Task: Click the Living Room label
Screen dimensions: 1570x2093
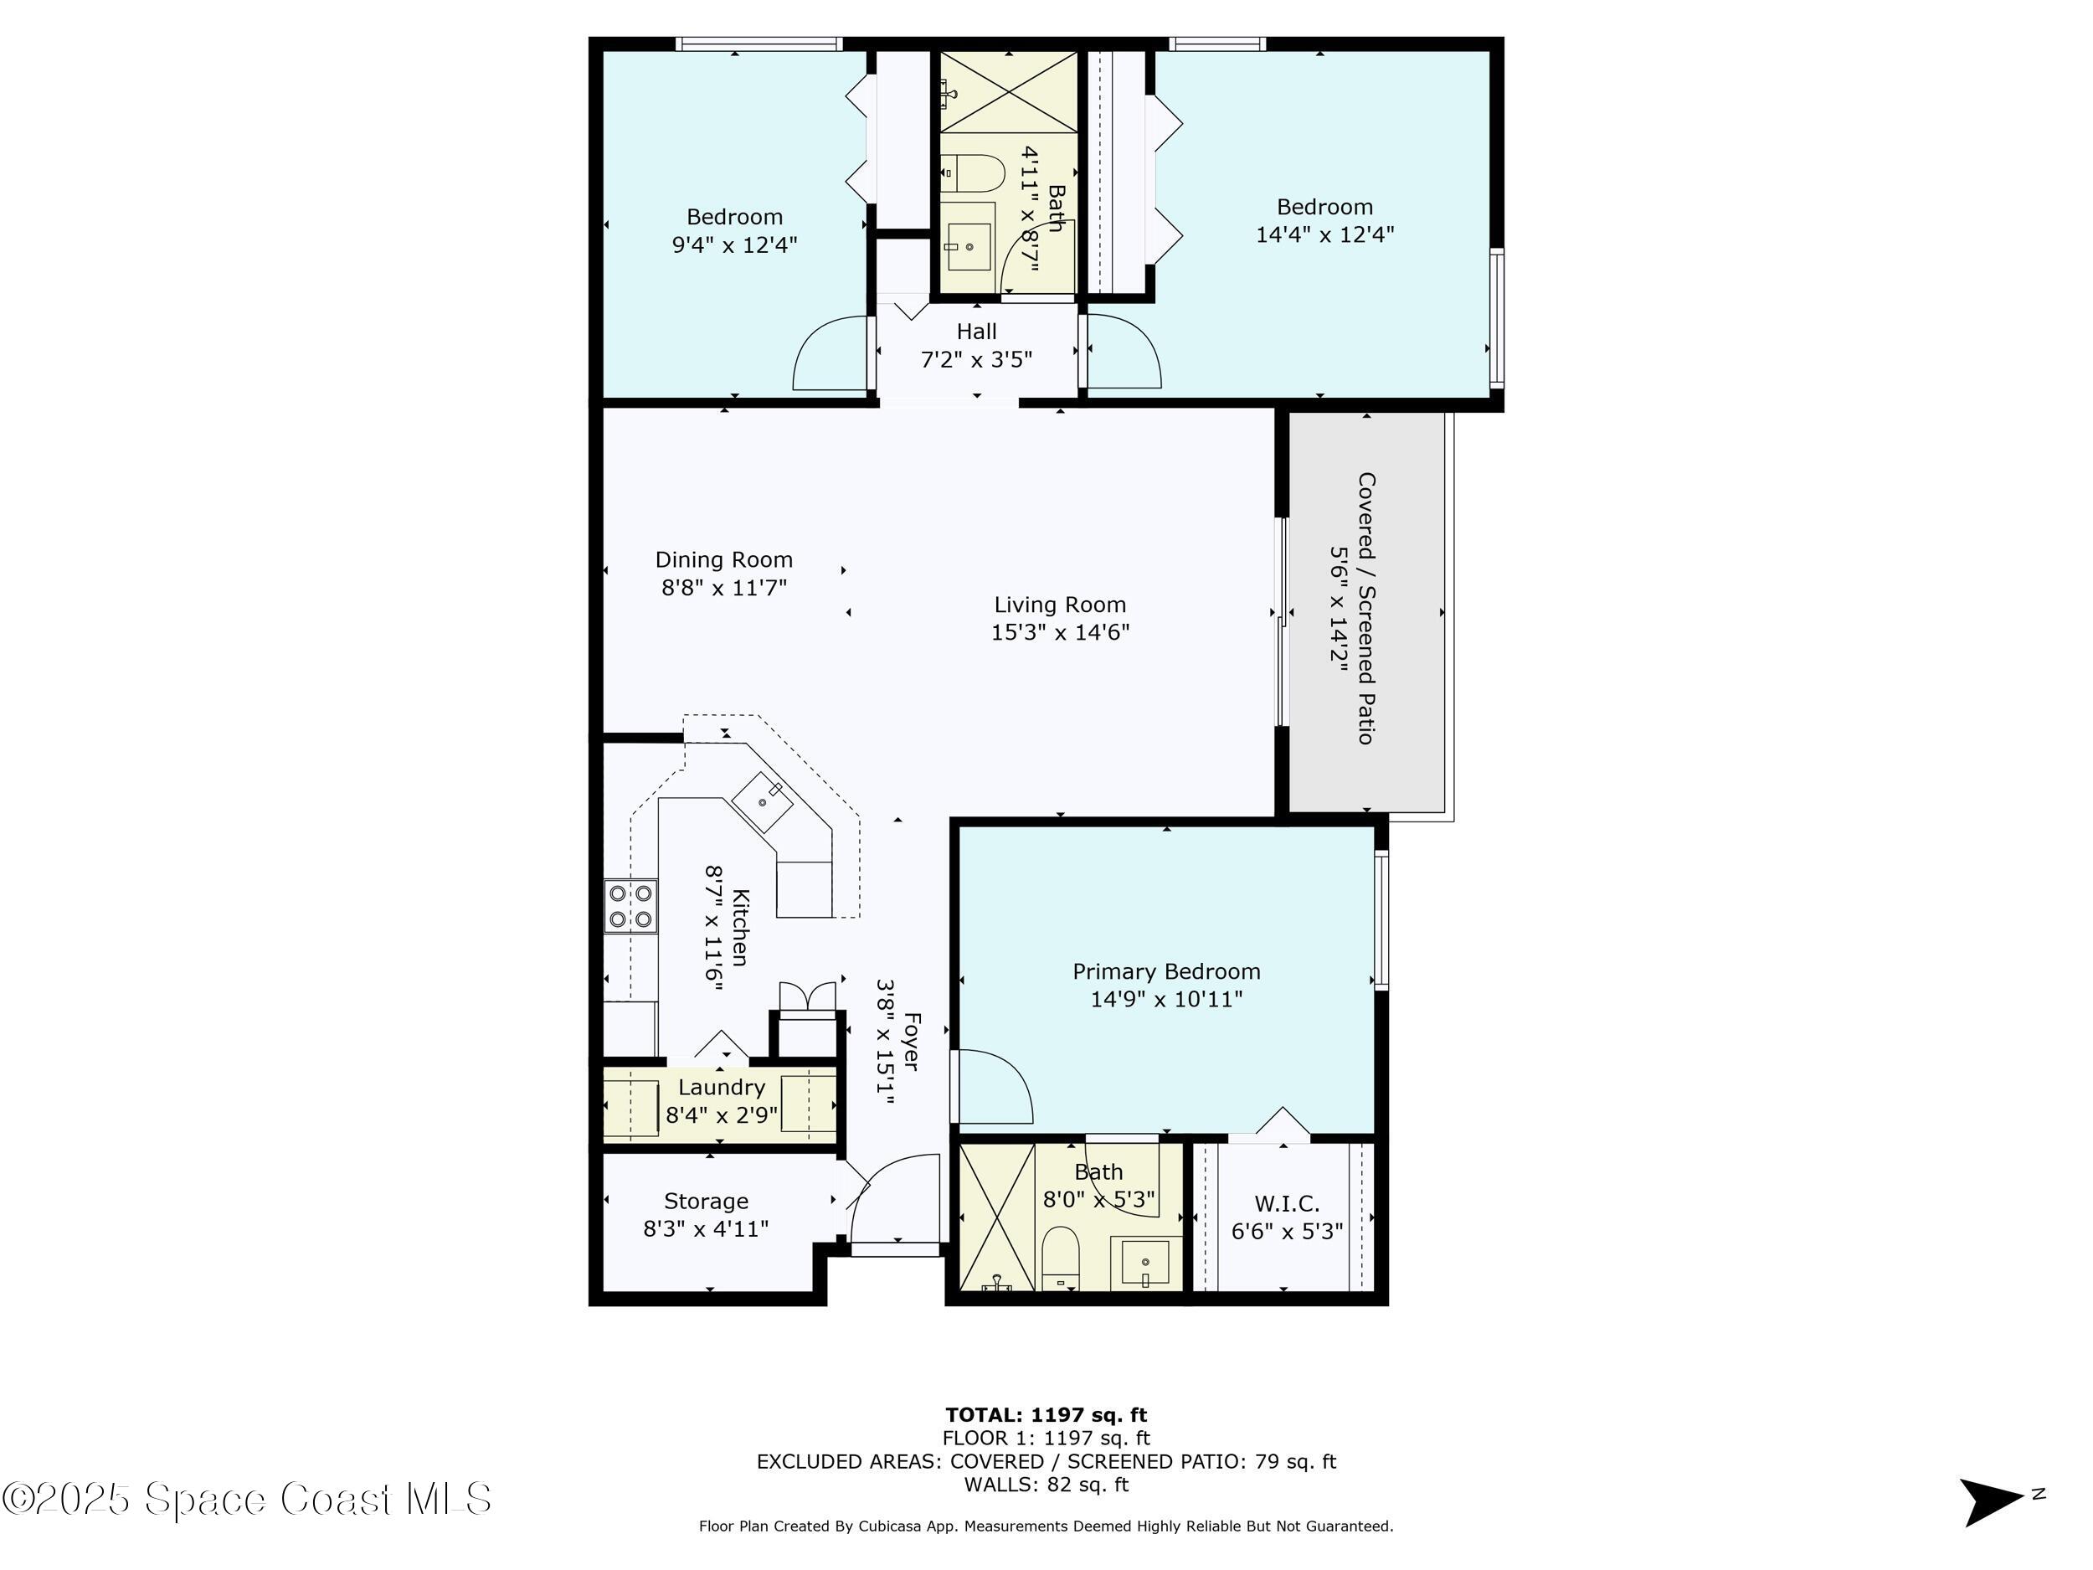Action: coord(1060,605)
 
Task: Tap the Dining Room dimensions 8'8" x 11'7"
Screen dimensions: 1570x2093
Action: coord(724,588)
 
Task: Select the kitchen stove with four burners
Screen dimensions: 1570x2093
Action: coord(631,906)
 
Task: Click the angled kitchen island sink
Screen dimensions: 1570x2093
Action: coord(763,801)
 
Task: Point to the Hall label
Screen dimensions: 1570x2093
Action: coord(976,332)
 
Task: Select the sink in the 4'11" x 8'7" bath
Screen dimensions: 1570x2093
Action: coord(969,247)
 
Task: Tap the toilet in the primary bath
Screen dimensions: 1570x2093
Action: coord(1061,1258)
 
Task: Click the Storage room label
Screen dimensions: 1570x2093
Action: coord(706,1201)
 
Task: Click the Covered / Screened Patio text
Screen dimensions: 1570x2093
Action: coord(1365,608)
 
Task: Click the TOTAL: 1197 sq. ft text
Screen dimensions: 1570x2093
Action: coord(1046,1415)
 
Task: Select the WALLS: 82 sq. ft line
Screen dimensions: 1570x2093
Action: coord(1046,1484)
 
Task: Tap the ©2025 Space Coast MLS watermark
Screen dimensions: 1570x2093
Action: coord(247,1499)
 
